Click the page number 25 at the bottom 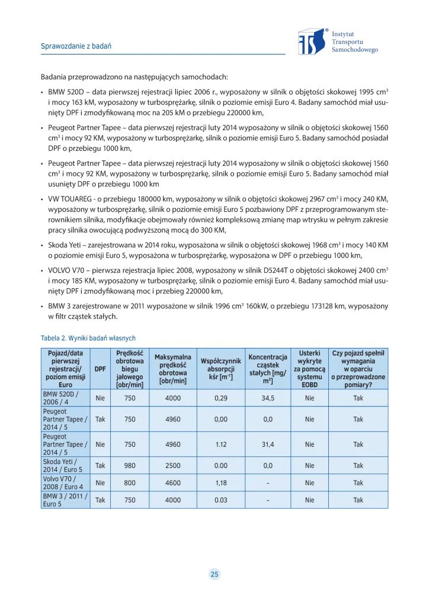[214, 573]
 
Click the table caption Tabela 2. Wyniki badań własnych [88, 338]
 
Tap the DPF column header [100, 369]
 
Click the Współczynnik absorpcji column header [221, 369]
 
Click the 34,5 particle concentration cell [268, 398]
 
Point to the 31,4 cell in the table [268, 444]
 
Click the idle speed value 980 [130, 466]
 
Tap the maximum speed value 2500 [173, 466]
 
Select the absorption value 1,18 [221, 483]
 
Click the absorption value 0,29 [221, 398]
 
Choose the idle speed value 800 [130, 483]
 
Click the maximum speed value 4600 [173, 483]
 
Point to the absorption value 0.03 [221, 500]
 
